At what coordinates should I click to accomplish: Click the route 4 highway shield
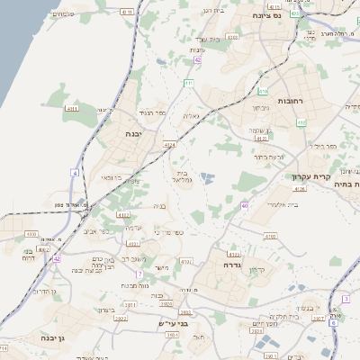pos(76,171)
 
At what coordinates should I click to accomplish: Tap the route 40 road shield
pos(244,206)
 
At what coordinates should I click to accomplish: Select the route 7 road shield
pos(139,274)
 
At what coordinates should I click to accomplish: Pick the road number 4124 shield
pos(170,143)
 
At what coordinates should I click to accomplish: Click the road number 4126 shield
pos(301,189)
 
